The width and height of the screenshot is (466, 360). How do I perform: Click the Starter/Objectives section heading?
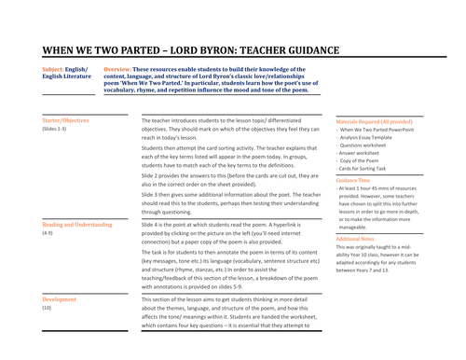click(67, 120)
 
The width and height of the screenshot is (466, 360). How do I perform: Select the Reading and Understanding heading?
click(77, 225)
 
